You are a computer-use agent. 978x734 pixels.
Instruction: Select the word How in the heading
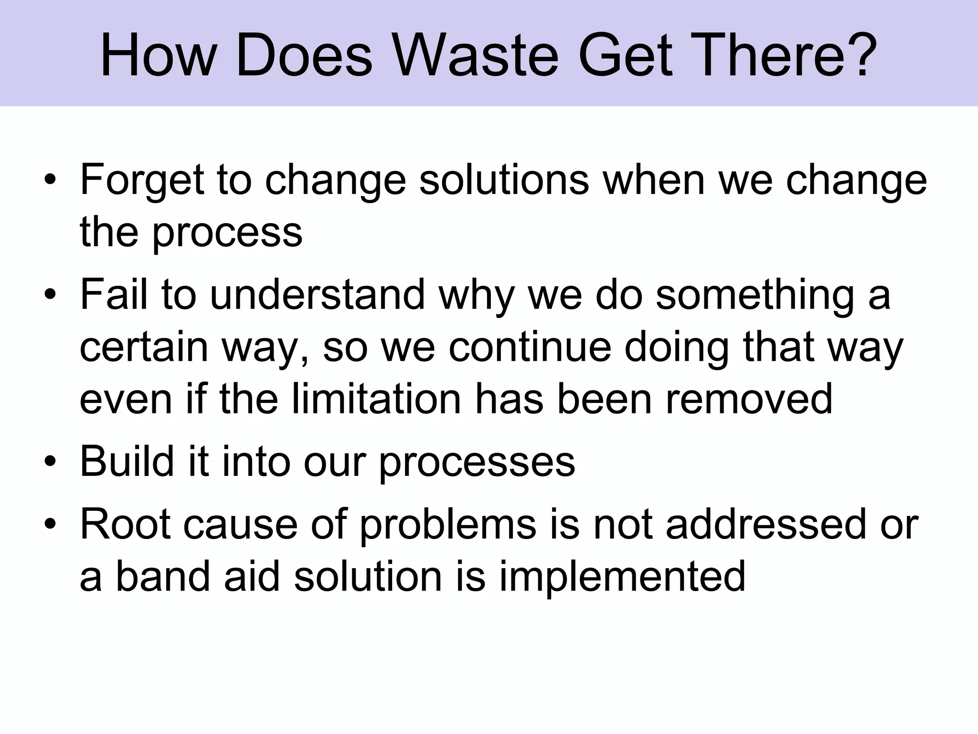158,54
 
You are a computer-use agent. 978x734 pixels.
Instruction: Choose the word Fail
114,294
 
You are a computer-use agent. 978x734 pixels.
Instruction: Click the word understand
317,294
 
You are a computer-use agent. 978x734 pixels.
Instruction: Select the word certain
144,347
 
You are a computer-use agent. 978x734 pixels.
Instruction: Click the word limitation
376,399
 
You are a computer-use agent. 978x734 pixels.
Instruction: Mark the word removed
749,399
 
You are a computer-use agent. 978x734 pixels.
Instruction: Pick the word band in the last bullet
163,576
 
